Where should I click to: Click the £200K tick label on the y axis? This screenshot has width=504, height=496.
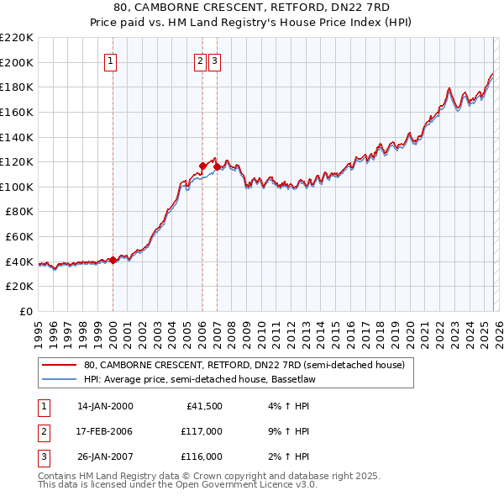pyautogui.click(x=17, y=62)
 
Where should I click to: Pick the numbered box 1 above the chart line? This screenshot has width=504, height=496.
pyautogui.click(x=112, y=61)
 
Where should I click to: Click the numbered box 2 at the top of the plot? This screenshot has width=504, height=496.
pyautogui.click(x=201, y=61)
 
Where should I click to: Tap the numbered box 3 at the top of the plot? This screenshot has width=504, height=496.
pyautogui.click(x=215, y=61)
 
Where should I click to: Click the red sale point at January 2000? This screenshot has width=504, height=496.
pyautogui.click(x=113, y=261)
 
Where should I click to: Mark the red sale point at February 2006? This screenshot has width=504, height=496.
pyautogui.click(x=202, y=166)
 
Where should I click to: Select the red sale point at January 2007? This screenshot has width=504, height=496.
pyautogui.click(x=217, y=167)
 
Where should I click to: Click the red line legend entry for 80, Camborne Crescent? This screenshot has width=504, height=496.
pyautogui.click(x=244, y=365)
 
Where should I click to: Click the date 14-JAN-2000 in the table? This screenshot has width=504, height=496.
pyautogui.click(x=105, y=406)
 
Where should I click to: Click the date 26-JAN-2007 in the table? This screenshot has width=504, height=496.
pyautogui.click(x=105, y=456)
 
